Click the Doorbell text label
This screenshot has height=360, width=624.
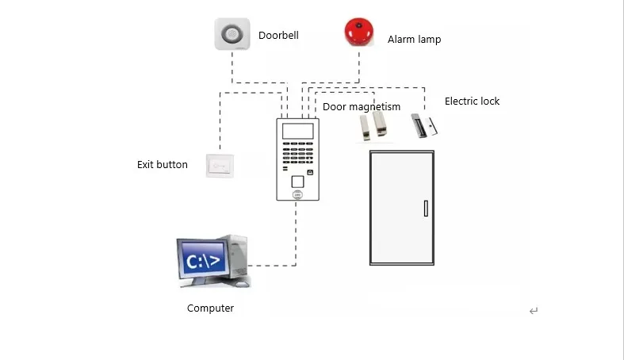click(x=278, y=35)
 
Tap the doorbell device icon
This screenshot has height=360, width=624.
click(x=232, y=34)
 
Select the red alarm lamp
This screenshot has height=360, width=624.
click(x=359, y=32)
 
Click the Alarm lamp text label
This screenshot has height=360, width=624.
click(x=414, y=40)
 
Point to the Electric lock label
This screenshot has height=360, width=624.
click(x=472, y=101)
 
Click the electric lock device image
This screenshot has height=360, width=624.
click(x=424, y=125)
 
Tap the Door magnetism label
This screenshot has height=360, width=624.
click(x=362, y=106)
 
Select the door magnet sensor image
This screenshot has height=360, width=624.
click(x=373, y=126)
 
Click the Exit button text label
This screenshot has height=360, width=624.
click(x=163, y=164)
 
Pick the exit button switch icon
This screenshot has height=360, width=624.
click(x=220, y=166)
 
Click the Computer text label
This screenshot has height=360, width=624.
click(x=210, y=308)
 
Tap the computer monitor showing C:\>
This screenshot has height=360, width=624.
click(x=203, y=260)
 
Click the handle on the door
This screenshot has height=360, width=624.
click(x=426, y=209)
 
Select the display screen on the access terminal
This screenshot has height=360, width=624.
click(x=297, y=131)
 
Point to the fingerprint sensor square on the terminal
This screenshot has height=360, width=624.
click(x=297, y=182)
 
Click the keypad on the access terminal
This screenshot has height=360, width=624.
click(x=297, y=153)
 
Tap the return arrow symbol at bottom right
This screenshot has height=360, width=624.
click(x=534, y=311)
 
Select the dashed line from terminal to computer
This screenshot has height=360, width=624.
click(x=296, y=246)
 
